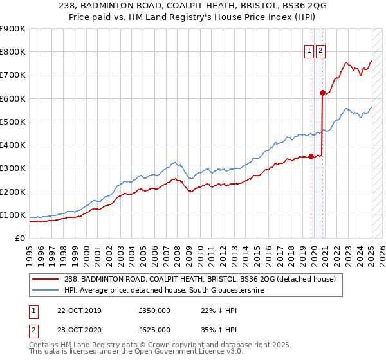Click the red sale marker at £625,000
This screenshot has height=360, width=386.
click(x=322, y=93)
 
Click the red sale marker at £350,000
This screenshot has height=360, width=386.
click(x=311, y=156)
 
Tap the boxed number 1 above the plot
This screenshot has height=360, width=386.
click(x=309, y=51)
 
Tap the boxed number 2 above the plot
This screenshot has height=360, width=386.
click(x=320, y=51)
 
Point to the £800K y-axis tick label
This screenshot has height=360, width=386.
click(x=13, y=52)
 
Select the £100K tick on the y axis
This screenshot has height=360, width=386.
click(x=13, y=215)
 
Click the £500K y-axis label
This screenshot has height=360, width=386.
click(x=13, y=122)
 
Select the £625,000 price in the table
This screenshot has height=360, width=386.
click(x=154, y=330)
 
